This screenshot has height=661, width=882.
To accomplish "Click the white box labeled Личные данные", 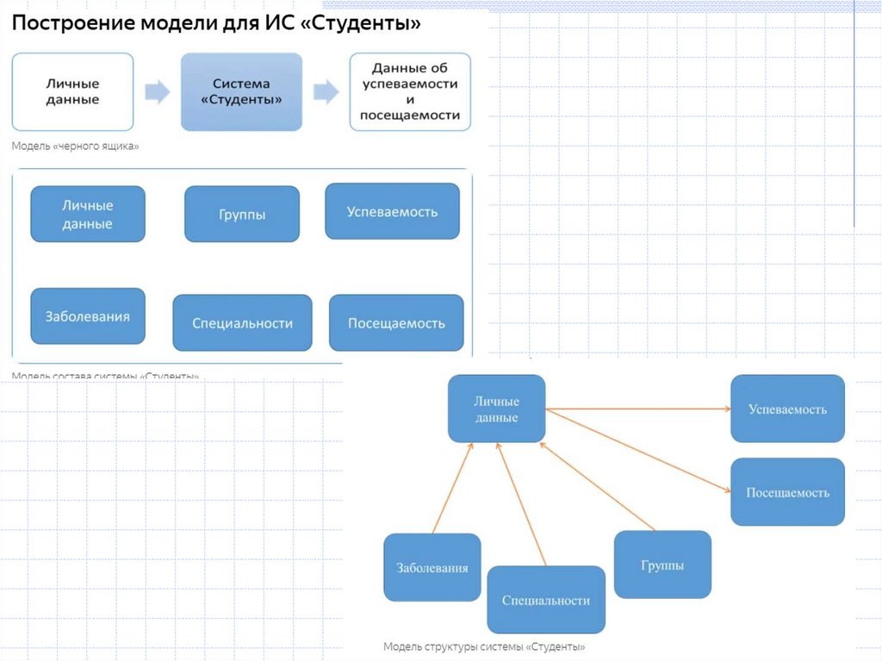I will (72, 92).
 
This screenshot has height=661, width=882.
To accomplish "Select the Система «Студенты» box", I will (241, 92).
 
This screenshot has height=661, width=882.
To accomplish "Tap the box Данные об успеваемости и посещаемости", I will (410, 91).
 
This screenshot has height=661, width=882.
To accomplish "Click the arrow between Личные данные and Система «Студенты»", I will (157, 92).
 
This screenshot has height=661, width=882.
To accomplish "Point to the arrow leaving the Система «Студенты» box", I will (326, 92).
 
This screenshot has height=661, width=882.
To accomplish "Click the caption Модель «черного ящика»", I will (75, 147).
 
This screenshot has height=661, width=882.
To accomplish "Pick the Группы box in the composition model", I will (242, 214).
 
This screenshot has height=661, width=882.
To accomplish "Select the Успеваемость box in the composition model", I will (392, 212).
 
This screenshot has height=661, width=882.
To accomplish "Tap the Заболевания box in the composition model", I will (87, 316).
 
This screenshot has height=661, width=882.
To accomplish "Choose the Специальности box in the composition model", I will (242, 323).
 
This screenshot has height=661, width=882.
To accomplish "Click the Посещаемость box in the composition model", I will (396, 323).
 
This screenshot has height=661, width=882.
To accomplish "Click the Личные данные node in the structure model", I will (496, 409).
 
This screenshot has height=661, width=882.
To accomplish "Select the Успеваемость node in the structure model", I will (787, 409).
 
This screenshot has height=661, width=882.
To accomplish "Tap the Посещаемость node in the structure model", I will (787, 492).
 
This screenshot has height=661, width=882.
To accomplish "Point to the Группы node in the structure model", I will (662, 565).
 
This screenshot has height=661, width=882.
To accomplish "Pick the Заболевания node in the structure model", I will (432, 568).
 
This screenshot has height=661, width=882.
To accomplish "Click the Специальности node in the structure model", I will (546, 600).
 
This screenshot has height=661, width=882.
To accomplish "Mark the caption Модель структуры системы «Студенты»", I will (484, 646).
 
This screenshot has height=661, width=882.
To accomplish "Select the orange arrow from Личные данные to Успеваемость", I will (637, 409).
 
